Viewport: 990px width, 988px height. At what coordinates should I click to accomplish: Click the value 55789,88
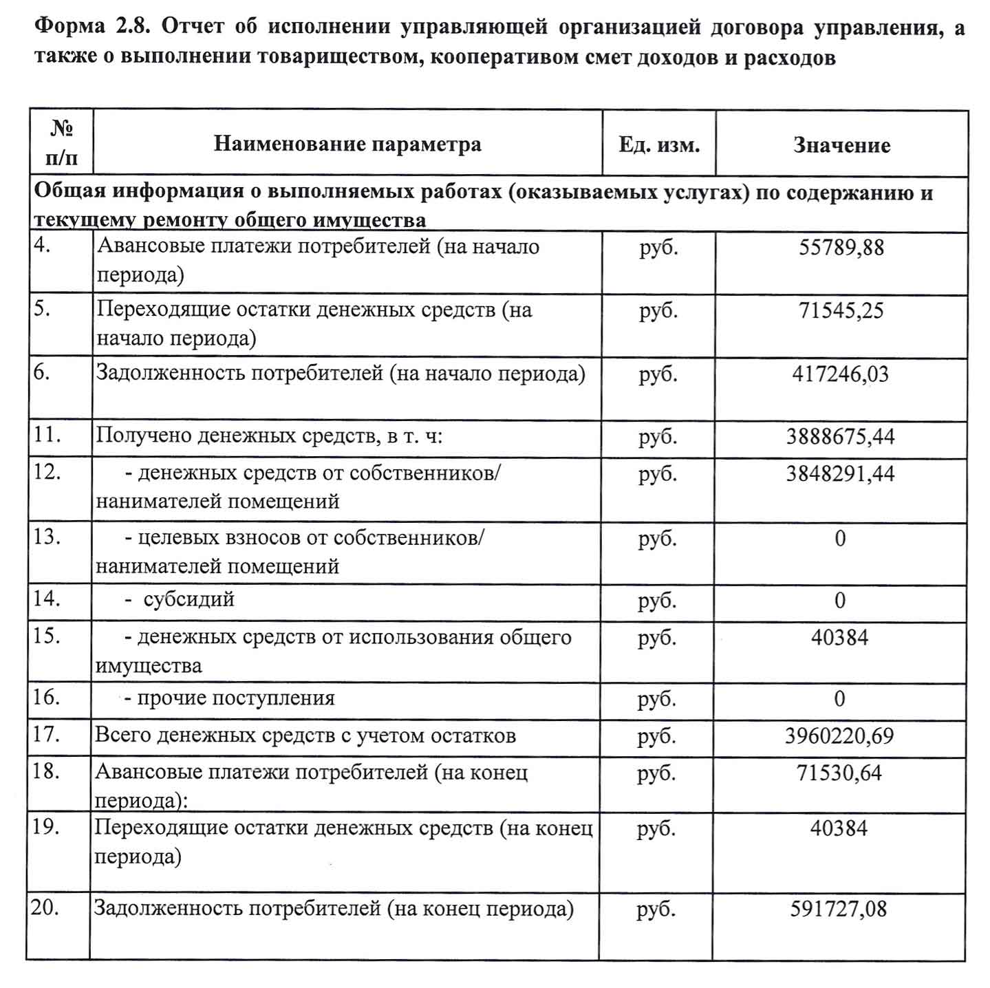click(841, 248)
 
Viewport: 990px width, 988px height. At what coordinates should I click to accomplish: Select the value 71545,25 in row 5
click(841, 311)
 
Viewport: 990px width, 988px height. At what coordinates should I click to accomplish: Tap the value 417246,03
click(840, 374)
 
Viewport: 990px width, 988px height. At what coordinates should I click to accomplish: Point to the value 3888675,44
click(840, 437)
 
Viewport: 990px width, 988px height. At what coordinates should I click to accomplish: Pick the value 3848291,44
click(840, 474)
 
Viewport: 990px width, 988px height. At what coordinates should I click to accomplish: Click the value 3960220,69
click(839, 736)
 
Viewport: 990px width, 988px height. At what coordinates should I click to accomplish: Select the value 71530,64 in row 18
click(839, 773)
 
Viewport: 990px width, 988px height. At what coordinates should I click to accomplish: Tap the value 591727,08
click(838, 910)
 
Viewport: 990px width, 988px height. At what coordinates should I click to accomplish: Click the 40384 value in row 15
click(839, 638)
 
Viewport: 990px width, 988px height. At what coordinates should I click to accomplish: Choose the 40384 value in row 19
click(839, 828)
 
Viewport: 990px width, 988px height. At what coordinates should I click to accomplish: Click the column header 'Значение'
click(841, 145)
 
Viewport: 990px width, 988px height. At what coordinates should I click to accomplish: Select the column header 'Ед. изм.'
click(658, 145)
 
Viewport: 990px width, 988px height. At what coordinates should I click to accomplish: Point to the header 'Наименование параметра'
click(347, 144)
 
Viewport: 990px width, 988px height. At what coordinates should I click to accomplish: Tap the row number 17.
click(47, 735)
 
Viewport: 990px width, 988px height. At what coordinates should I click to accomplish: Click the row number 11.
click(47, 435)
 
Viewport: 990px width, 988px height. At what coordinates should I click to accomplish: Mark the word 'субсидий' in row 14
click(189, 600)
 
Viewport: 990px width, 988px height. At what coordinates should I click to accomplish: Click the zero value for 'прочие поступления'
click(839, 699)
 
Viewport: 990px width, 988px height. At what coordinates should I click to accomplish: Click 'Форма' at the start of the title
click(68, 27)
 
